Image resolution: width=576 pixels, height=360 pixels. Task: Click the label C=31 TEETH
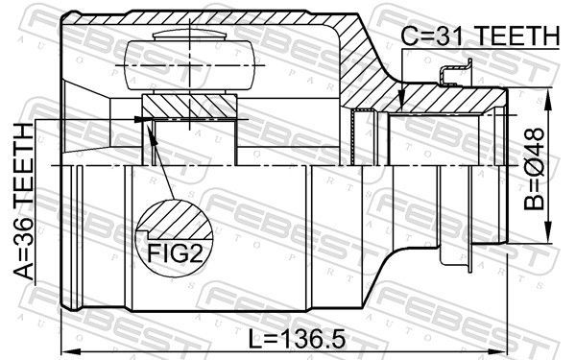[x=480, y=36]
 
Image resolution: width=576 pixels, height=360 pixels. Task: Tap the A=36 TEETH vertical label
[x=24, y=202]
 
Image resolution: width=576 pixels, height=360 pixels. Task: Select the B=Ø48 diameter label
[x=534, y=169]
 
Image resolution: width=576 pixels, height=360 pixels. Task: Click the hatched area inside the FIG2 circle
[x=176, y=220]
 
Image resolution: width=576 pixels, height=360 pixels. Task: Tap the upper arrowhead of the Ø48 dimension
[x=548, y=99]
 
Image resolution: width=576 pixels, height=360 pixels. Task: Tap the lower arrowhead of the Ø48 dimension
[x=548, y=231]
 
